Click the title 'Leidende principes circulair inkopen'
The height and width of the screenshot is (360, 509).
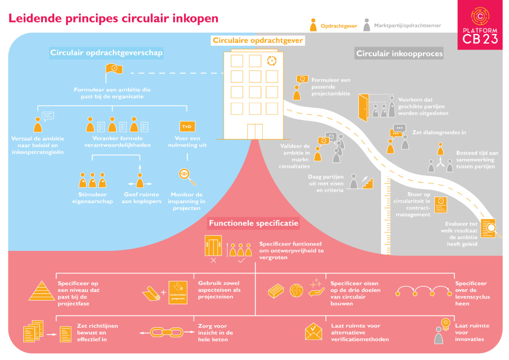[x=114, y=18]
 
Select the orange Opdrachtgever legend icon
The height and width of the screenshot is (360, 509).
[x=313, y=25]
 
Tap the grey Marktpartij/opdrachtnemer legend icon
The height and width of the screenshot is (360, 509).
[x=366, y=25]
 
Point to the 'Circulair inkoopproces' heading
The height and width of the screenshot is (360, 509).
[x=399, y=53]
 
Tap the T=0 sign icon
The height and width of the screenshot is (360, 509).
[x=187, y=127]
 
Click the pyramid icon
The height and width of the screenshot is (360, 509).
[x=42, y=291]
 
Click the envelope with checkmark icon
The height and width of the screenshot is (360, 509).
[x=313, y=331]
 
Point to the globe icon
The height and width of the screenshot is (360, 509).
[x=296, y=291]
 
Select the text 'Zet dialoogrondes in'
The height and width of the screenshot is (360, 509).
[x=439, y=132]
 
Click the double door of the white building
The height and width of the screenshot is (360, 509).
[x=255, y=132]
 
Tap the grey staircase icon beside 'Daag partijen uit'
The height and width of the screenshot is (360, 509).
[x=367, y=183]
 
